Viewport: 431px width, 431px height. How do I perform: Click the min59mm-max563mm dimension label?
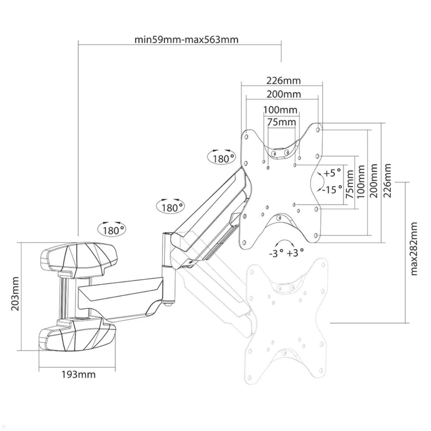(186, 40)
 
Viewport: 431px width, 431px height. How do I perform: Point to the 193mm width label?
(78, 374)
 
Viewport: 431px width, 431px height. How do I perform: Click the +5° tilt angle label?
(332, 173)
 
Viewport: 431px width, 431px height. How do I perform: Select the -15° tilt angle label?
(332, 189)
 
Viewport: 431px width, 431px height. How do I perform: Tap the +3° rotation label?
(295, 253)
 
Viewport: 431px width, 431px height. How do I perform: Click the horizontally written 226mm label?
(283, 80)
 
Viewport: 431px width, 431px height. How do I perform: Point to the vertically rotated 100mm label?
(361, 181)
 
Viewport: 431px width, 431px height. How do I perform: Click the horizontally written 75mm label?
(281, 122)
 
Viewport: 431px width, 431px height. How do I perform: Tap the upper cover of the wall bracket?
(79, 256)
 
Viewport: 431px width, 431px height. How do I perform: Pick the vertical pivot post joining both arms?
(167, 268)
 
